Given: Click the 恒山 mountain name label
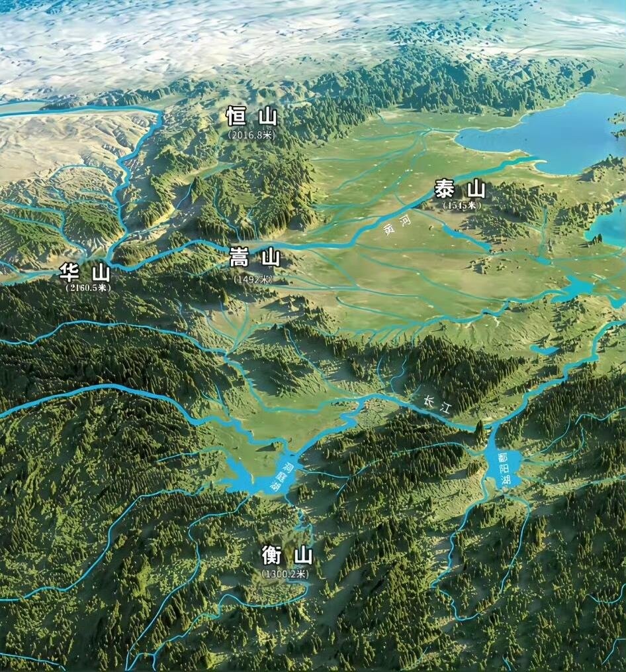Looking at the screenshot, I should [251, 117].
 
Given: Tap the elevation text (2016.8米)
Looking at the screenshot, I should [251, 134].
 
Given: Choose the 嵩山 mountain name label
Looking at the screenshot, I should [255, 258].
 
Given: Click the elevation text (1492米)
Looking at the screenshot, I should [253, 279].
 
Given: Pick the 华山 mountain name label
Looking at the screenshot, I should [85, 272].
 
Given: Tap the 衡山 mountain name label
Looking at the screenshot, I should [287, 555].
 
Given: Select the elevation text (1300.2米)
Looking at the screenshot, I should [285, 574].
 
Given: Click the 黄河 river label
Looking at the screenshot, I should [396, 225].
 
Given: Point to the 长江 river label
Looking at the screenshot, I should [439, 404].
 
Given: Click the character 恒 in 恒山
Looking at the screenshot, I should [236, 117].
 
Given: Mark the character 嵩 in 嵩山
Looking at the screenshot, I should [239, 258].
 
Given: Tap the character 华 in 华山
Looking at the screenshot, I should [69, 272].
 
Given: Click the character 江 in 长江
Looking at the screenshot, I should [446, 408].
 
